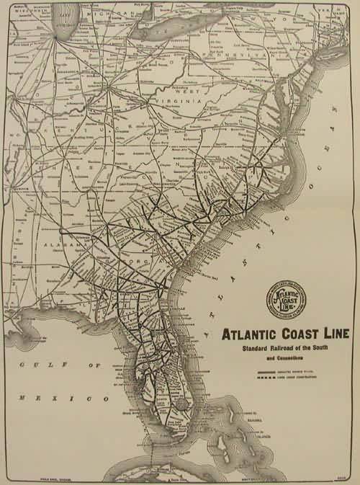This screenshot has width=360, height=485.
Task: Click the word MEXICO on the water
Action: pos(43,398)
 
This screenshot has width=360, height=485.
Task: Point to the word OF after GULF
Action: pos(94,365)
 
